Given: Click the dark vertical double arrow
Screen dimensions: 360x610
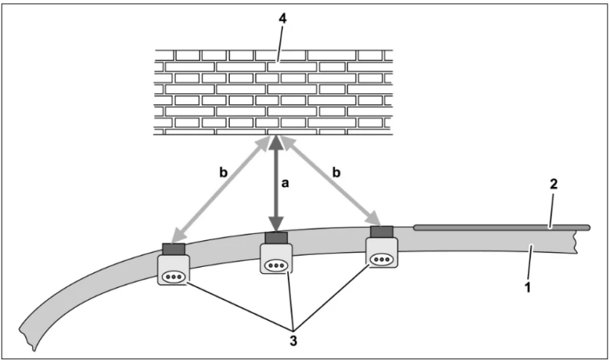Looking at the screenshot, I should click(275, 184).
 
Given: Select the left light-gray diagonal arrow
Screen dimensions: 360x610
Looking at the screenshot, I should click(217, 192).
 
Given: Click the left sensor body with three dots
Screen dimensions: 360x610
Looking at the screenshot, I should click(174, 271).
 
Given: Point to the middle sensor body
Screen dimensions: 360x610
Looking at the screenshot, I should click(277, 259).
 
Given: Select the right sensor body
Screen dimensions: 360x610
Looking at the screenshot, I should click(382, 254).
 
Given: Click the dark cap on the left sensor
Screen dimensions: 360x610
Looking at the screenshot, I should click(174, 250).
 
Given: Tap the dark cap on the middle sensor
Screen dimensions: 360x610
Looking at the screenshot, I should click(277, 237).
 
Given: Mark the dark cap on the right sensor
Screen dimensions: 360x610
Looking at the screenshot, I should click(382, 232).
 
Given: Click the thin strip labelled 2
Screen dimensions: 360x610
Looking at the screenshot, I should click(501, 228).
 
